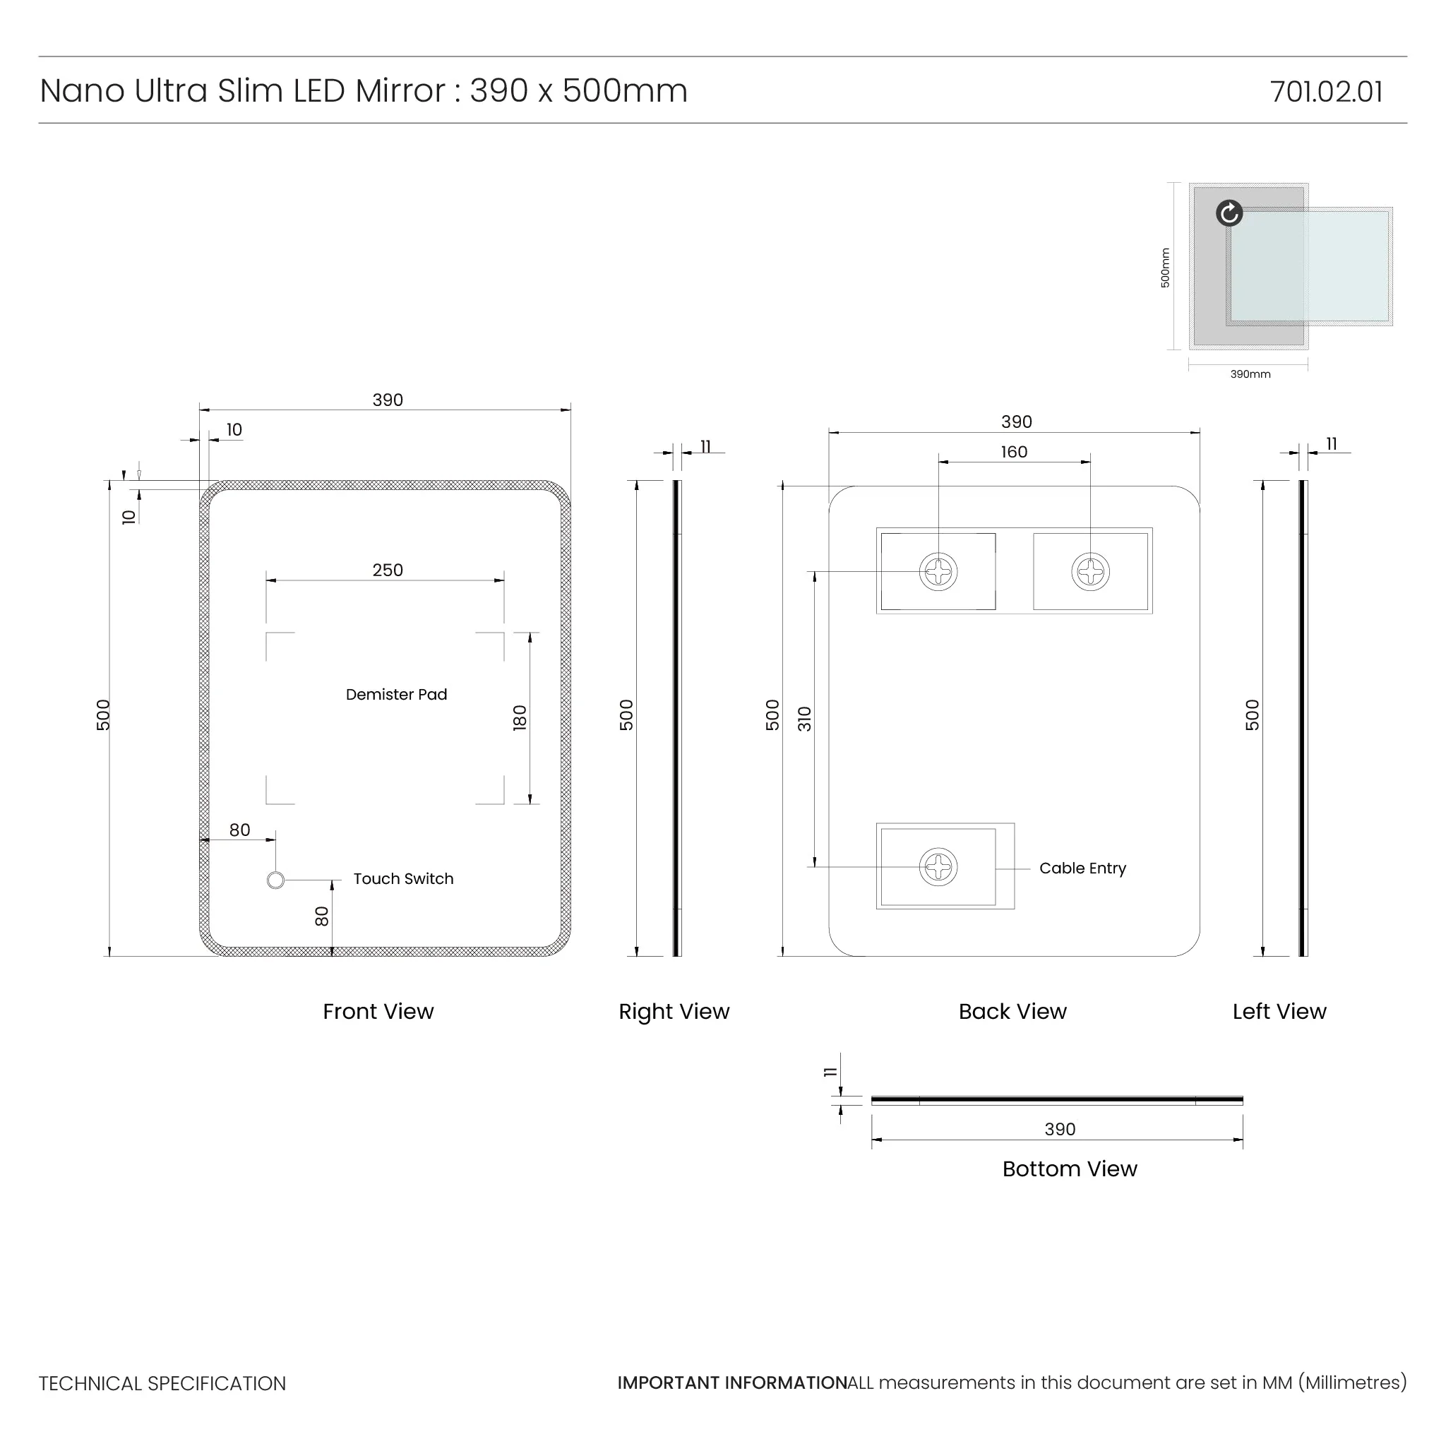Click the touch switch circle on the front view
tap(275, 880)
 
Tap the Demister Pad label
tap(396, 695)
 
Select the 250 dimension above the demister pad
tap(388, 570)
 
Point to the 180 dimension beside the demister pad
tap(520, 718)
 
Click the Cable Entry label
tap(1082, 868)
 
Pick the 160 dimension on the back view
tap(1014, 452)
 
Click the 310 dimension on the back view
tap(805, 719)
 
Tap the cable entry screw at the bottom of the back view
tap(938, 867)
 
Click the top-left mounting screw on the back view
tap(938, 572)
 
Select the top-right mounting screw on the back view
tap(1089, 572)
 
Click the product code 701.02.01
tap(1325, 92)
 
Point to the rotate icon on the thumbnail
tap(1229, 213)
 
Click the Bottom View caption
tap(1070, 1169)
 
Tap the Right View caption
tap(674, 1012)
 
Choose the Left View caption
tap(1279, 1012)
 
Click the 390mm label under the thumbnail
tap(1250, 374)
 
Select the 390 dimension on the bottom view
tap(1060, 1129)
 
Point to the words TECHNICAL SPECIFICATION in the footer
tap(162, 1384)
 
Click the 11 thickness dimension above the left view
tap(1332, 444)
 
